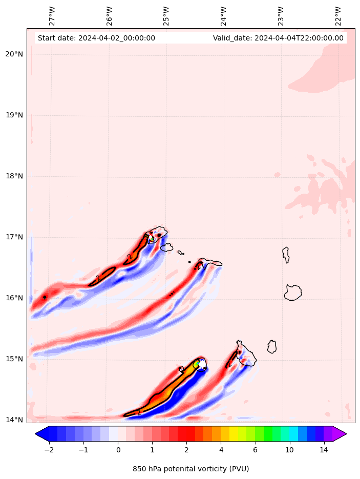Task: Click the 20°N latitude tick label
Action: pyautogui.click(x=14, y=54)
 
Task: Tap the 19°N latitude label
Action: pyautogui.click(x=14, y=115)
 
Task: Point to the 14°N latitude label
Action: pyautogui.click(x=14, y=420)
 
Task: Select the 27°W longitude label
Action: pyautogui.click(x=52, y=16)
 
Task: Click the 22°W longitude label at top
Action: pyautogui.click(x=338, y=16)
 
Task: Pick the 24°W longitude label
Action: pyautogui.click(x=224, y=16)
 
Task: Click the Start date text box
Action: pyautogui.click(x=96, y=38)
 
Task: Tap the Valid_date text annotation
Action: pyautogui.click(x=278, y=38)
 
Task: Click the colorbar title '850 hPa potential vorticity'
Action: pyautogui.click(x=190, y=469)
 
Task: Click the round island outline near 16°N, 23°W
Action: pyautogui.click(x=293, y=293)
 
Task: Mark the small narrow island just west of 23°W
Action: pyautogui.click(x=286, y=255)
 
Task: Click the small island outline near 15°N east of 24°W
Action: pyautogui.click(x=272, y=347)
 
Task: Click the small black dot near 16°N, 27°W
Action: pyautogui.click(x=45, y=297)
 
